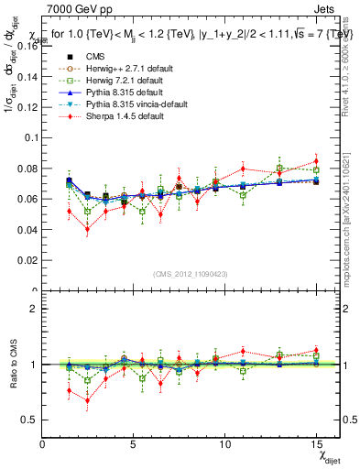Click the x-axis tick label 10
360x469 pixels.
click(225, 442)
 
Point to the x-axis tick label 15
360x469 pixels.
click(316, 442)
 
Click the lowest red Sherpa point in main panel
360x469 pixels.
click(87, 229)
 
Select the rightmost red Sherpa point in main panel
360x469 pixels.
click(316, 160)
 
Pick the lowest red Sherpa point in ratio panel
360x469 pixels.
click(87, 400)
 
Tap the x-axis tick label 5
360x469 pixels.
click(134, 442)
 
